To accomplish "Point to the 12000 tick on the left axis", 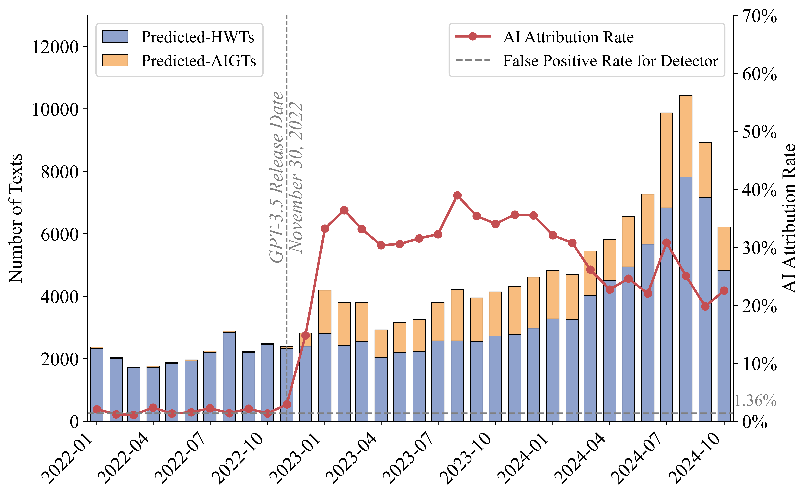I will pyautogui.click(x=55, y=47).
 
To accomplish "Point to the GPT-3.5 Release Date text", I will pyautogui.click(x=276, y=177).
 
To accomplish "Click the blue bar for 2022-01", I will pyautogui.click(x=97, y=384).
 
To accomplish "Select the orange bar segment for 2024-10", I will pyautogui.click(x=724, y=249).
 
